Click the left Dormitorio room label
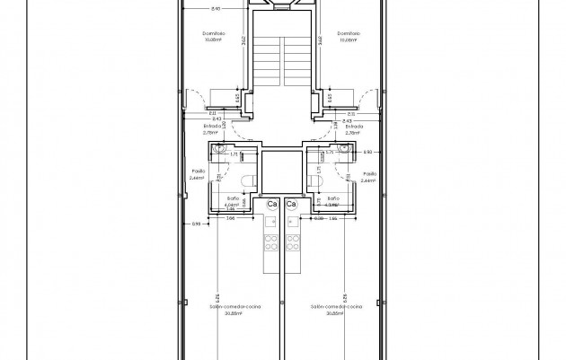tap(213, 34)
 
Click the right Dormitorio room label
tap(349, 34)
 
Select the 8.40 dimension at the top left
tap(214, 8)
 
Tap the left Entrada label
tap(216, 127)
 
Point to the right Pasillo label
tap(367, 175)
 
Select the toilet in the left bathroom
tap(247, 183)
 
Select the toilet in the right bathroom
tap(315, 183)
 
